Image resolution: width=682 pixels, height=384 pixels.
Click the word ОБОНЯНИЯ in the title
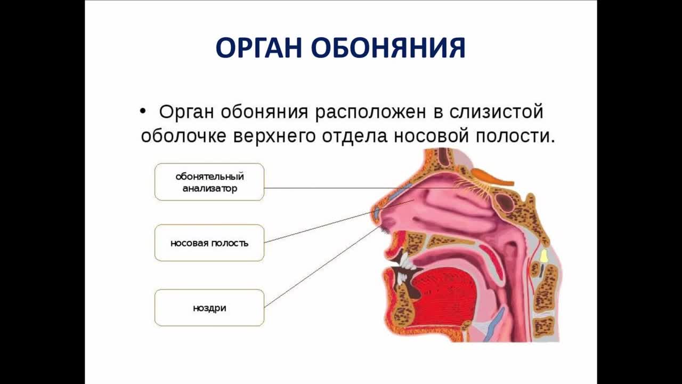388,48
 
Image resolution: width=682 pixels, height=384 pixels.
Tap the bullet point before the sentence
143,111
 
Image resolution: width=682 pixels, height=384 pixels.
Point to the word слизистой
496,112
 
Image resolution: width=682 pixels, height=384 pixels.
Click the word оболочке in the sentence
183,136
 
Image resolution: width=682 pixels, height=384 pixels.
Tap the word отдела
355,137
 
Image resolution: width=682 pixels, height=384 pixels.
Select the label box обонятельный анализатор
209,182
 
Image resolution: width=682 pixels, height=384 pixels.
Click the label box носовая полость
209,243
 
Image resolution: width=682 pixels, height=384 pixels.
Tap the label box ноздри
209,308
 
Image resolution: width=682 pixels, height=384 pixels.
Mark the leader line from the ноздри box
323,266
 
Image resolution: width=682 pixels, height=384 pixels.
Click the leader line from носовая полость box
339,221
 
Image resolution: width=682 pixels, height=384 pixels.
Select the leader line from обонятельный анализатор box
363,188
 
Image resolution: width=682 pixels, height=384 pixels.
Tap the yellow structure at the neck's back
544,256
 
